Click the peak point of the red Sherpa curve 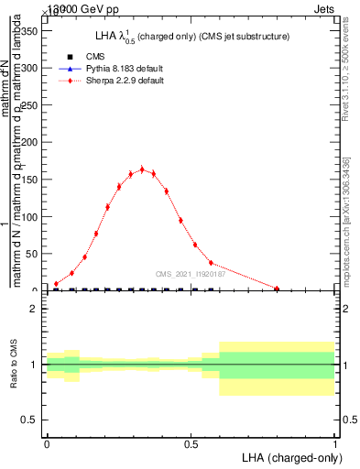142,169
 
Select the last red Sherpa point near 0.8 277,289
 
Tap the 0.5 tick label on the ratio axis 29,420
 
